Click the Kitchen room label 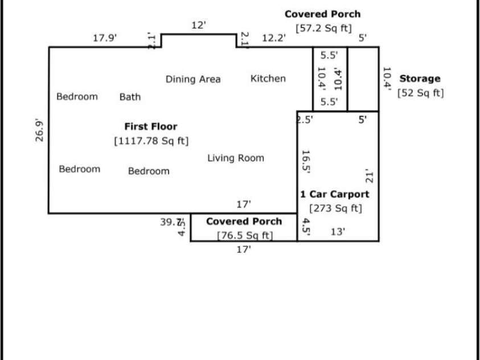268,79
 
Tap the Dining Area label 193,79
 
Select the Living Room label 236,158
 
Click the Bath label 130,97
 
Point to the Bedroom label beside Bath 77,97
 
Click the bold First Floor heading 151,126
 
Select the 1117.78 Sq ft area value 151,140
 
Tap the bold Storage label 420,79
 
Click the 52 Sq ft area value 420,93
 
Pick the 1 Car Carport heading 335,194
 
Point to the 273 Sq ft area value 335,208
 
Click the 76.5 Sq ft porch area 244,235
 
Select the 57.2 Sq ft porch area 323,28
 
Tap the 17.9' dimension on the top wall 105,38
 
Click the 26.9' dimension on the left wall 40,130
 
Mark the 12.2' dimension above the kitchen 274,38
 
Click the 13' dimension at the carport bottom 338,232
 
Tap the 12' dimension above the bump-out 198,26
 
